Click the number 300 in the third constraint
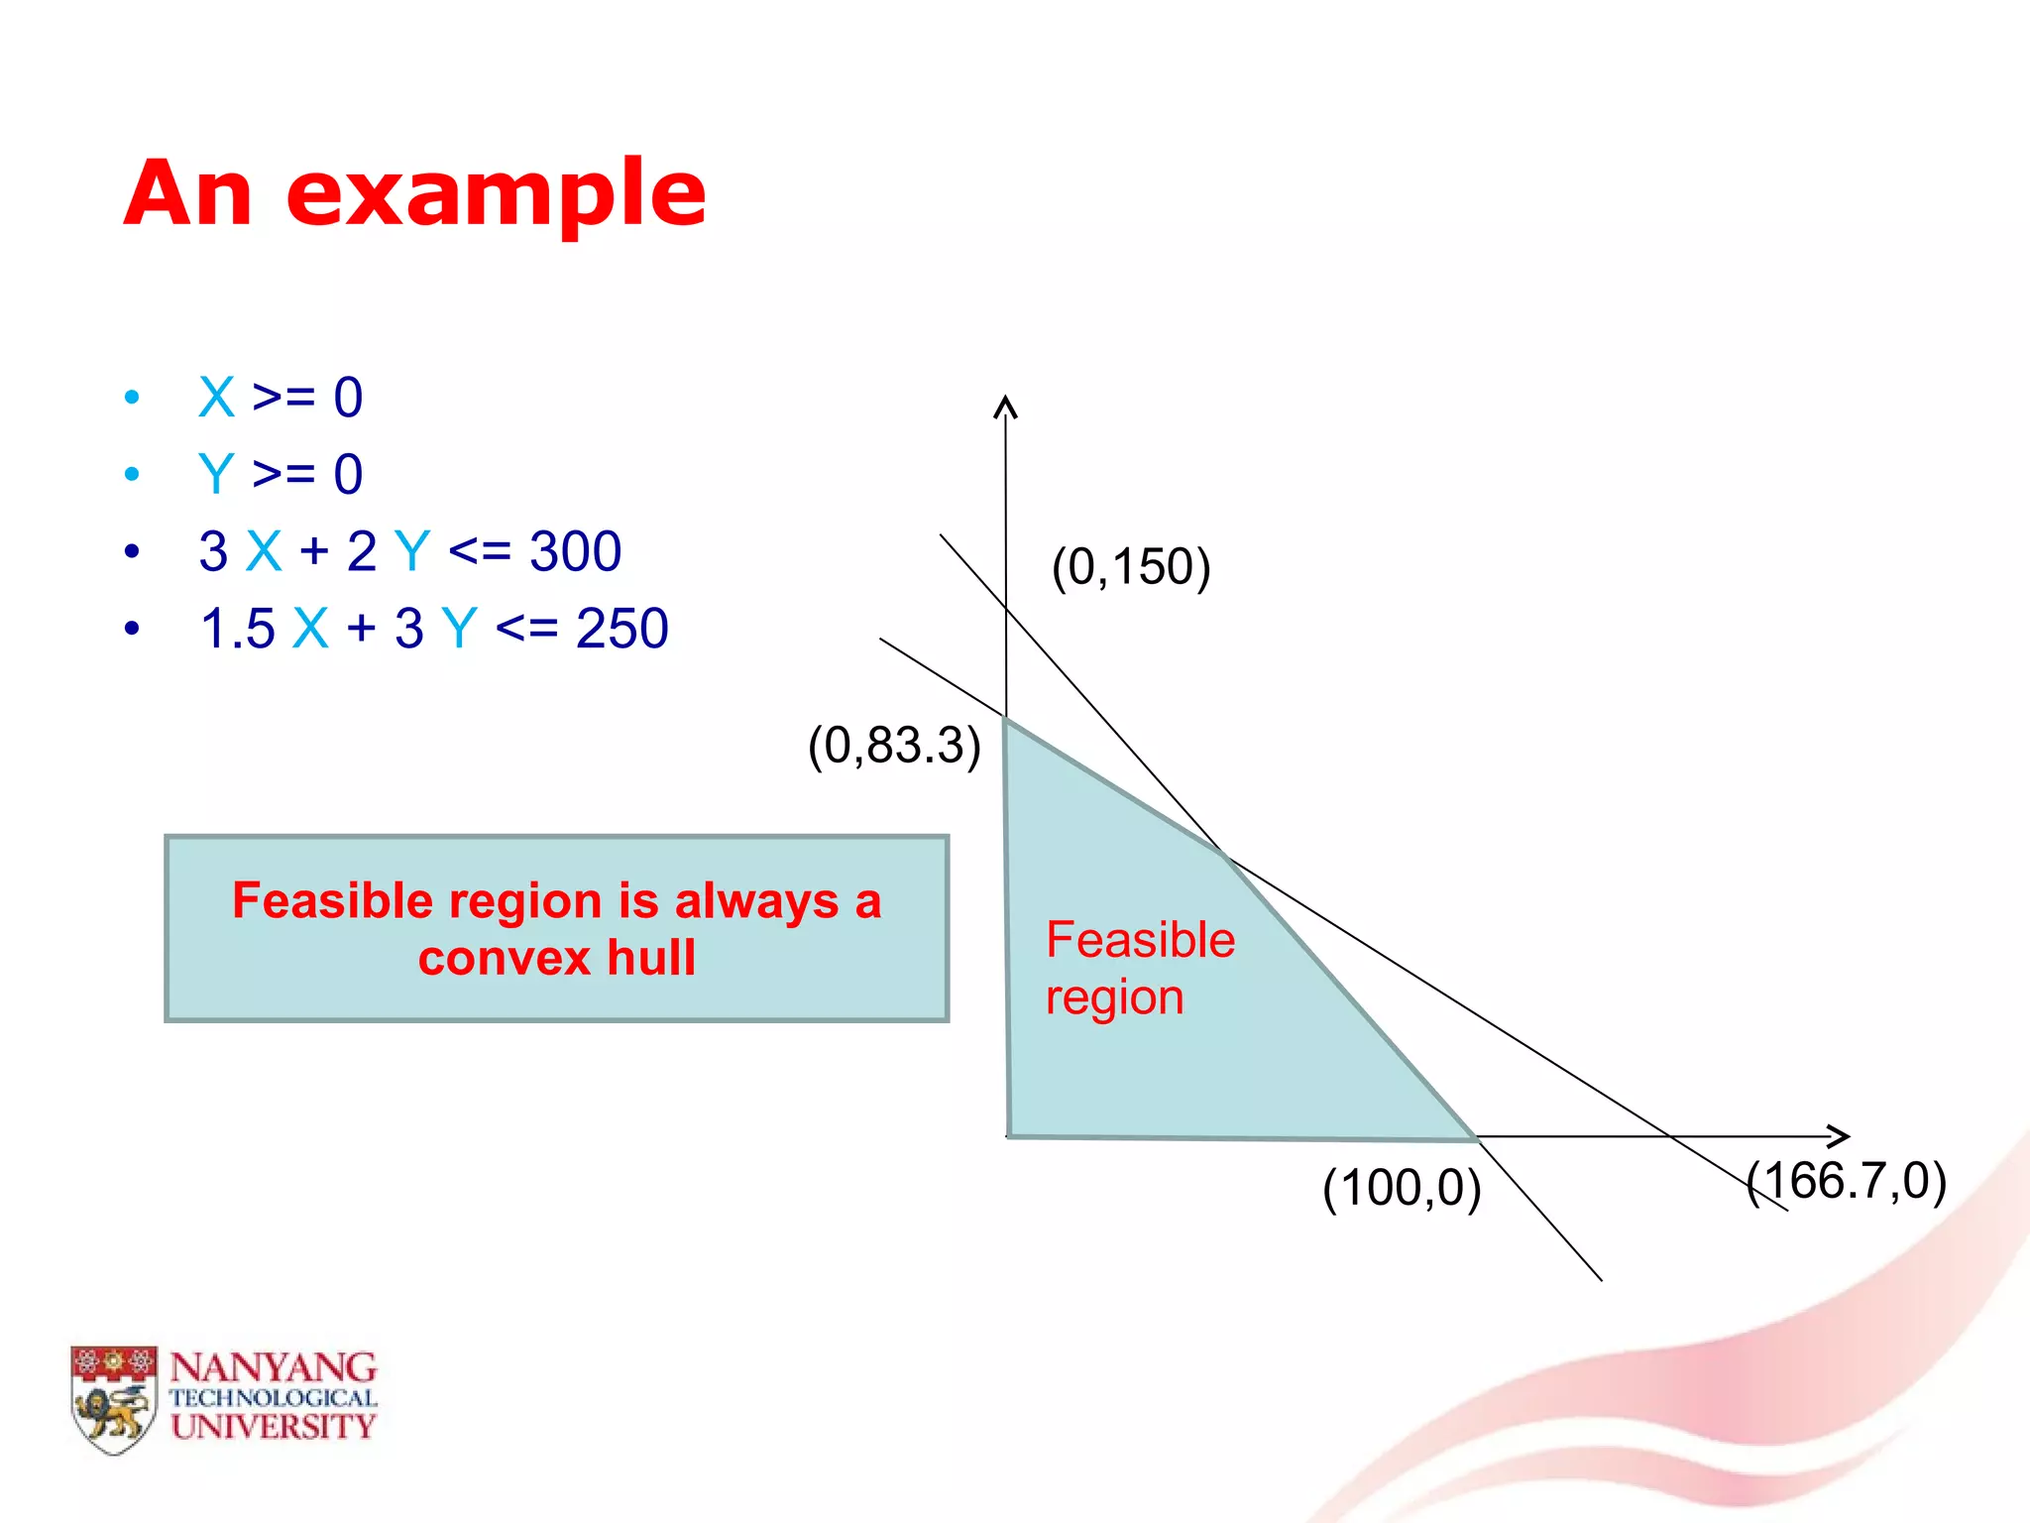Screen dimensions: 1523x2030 pos(575,551)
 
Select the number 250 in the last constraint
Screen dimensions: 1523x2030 pos(621,629)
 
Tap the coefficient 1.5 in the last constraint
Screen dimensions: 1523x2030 pos(237,629)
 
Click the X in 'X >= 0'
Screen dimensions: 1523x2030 pos(216,398)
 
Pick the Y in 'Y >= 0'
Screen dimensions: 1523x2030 pos(216,474)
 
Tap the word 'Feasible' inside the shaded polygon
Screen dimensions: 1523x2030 pos(1140,940)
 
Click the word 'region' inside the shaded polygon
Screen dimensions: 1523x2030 pos(1114,997)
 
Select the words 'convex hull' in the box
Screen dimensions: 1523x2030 pos(556,958)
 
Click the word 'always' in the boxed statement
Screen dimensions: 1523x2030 pos(756,901)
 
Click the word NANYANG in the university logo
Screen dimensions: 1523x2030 pos(274,1368)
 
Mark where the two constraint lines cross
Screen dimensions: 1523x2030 pos(1225,856)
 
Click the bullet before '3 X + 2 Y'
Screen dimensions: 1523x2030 pos(132,552)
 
